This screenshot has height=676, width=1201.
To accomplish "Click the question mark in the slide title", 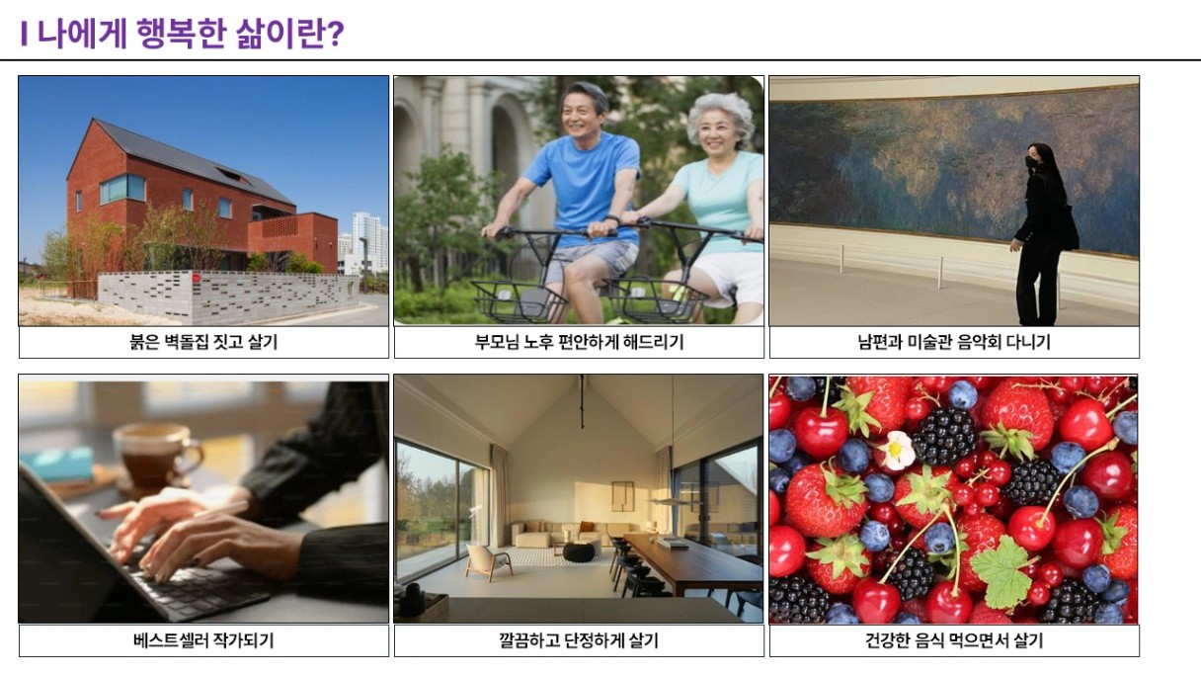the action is click(x=334, y=34).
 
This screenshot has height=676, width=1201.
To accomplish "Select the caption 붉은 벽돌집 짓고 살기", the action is click(x=203, y=342).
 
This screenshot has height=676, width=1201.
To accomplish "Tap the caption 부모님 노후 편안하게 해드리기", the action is click(x=579, y=342).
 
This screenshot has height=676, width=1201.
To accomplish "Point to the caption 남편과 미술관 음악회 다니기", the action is click(x=954, y=342).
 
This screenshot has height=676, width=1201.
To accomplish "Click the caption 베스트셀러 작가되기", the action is click(x=203, y=640).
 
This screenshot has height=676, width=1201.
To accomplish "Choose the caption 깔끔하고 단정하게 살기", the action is click(x=579, y=640).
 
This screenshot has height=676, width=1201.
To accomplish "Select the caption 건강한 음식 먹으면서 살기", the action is click(x=954, y=640).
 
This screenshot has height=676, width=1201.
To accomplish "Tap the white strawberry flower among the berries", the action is click(x=896, y=450).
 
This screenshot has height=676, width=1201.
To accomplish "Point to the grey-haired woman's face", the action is click(x=717, y=135).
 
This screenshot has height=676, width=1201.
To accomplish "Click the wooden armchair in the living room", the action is click(x=488, y=560).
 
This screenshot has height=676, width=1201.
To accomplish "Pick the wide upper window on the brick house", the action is click(x=122, y=189).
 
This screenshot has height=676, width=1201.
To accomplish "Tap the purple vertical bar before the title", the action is click(x=24, y=34).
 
